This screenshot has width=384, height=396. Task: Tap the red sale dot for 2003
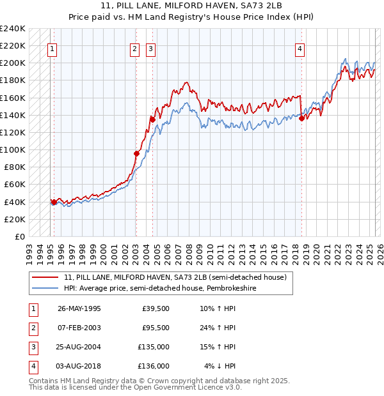click(136, 153)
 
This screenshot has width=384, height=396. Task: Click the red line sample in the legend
click(45, 277)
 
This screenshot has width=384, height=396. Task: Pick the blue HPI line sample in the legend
click(45, 288)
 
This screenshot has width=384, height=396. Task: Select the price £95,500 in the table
click(156, 328)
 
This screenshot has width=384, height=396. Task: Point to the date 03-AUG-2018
click(79, 366)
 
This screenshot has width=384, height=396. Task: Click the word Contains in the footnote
click(44, 381)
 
